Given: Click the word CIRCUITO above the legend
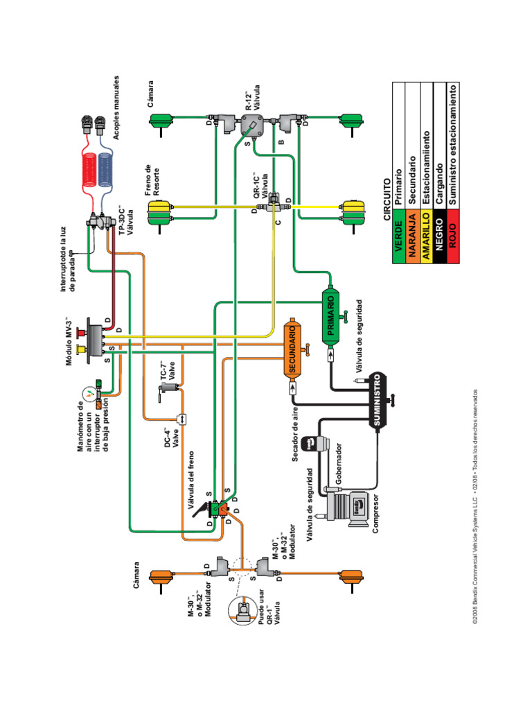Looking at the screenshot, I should tap(386, 201).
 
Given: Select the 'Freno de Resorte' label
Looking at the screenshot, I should tap(152, 181).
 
